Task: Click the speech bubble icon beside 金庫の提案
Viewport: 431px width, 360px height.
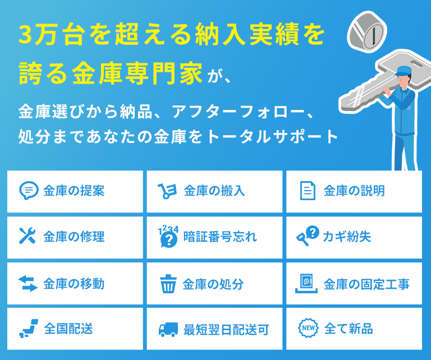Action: (x=29, y=191)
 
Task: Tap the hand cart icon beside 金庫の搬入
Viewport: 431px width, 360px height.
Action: (x=167, y=191)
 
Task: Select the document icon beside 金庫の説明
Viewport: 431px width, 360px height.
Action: (x=308, y=191)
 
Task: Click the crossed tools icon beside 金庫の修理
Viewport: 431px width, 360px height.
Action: (x=27, y=236)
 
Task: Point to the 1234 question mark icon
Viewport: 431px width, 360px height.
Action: (x=168, y=236)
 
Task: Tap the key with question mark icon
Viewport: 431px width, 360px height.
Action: (x=308, y=236)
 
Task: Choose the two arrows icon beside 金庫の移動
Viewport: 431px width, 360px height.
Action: (x=27, y=283)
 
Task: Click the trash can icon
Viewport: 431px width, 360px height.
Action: (x=168, y=284)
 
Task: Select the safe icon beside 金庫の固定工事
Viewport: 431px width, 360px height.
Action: (x=306, y=283)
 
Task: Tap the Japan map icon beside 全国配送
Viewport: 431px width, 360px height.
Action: (x=29, y=328)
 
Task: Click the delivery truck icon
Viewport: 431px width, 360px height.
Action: (x=168, y=329)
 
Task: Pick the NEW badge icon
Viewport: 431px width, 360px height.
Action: (x=308, y=328)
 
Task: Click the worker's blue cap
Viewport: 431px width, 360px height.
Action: (x=404, y=71)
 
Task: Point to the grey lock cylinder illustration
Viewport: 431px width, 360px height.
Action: (x=366, y=32)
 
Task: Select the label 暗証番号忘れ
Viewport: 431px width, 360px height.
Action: (x=220, y=237)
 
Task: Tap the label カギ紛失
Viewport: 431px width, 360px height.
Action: (x=347, y=237)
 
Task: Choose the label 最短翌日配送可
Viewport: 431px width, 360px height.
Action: (x=226, y=330)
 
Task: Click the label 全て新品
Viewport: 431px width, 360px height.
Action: (x=349, y=329)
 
